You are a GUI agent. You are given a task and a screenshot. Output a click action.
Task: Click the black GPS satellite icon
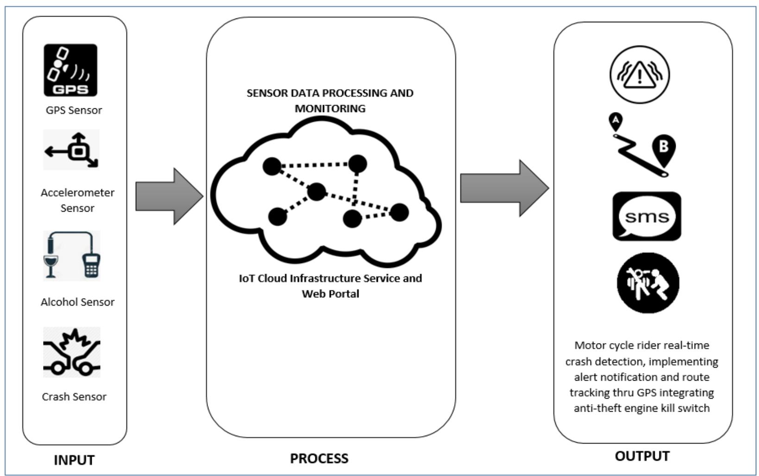tap(70, 70)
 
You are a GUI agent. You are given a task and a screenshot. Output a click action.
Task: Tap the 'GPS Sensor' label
tap(74, 110)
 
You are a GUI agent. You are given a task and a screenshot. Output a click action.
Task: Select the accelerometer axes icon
tap(71, 150)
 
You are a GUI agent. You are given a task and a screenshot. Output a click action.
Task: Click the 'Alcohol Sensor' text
tap(77, 302)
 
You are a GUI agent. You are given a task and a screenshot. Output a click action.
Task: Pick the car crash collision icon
tap(72, 352)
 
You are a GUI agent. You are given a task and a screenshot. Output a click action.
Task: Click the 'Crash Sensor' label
tap(74, 397)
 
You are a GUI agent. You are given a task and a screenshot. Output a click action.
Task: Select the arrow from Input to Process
tap(169, 196)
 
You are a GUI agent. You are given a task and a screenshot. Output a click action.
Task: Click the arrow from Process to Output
tap(504, 188)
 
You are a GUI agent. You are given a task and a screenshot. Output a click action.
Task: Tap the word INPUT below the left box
tap(74, 460)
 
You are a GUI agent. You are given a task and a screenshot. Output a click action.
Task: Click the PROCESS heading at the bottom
tap(319, 458)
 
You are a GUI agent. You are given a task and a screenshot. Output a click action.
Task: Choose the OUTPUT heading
tap(642, 456)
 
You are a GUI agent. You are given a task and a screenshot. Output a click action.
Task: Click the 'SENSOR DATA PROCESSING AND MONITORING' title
tap(330, 100)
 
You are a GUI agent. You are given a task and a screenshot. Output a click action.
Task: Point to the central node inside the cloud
tap(317, 192)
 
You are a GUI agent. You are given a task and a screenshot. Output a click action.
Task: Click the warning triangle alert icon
tap(639, 74)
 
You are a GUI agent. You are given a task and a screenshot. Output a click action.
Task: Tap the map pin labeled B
tap(664, 150)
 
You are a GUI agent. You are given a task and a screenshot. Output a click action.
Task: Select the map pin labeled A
tap(615, 121)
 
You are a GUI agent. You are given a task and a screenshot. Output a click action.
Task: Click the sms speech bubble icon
tap(646, 217)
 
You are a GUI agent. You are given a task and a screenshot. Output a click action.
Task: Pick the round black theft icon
tap(648, 283)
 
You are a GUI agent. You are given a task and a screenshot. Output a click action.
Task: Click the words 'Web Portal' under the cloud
tap(330, 294)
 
